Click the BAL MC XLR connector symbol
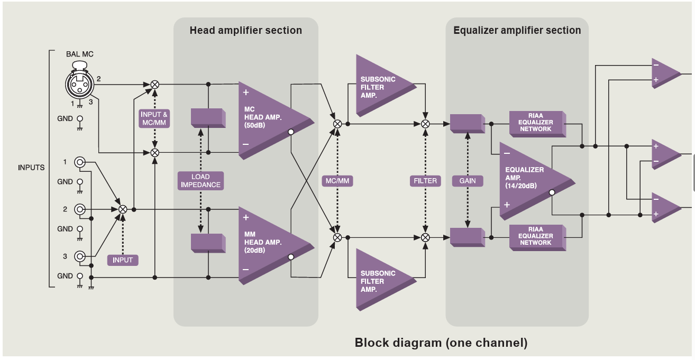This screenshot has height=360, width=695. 79,81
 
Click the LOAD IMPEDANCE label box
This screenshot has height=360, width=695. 201,181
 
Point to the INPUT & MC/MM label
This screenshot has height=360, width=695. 154,118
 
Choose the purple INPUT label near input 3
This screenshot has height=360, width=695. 123,260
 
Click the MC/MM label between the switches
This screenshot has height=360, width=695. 337,181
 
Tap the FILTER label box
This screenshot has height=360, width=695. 425,181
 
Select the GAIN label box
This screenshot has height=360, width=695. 468,181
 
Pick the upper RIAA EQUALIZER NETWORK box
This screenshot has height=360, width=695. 536,123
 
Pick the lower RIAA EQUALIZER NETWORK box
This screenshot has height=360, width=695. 536,236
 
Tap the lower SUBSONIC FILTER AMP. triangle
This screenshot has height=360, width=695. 380,278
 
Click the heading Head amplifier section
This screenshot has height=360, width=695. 246,31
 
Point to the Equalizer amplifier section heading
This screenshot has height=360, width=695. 517,31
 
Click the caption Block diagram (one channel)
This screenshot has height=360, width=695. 441,343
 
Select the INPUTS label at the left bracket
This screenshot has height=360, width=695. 31,168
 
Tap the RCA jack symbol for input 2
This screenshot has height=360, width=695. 80,209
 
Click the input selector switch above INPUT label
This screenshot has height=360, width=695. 123,209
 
